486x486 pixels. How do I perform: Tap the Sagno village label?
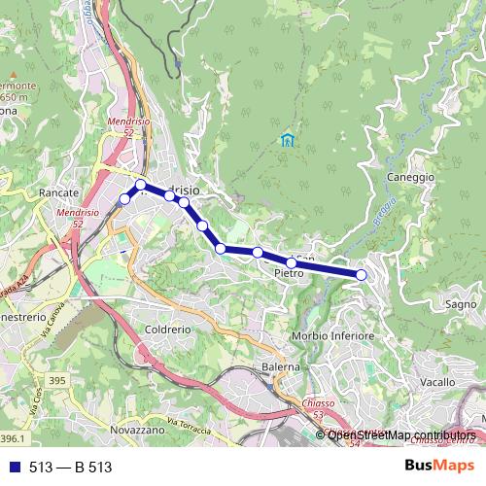coord(459,303)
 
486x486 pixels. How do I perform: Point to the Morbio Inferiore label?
coord(333,336)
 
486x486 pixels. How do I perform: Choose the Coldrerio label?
coord(169,329)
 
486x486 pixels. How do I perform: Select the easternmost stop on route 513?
coord(362,275)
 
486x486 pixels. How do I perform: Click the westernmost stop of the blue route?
coord(124,199)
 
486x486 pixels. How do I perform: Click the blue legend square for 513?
coord(15,468)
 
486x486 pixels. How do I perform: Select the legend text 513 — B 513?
coord(71,468)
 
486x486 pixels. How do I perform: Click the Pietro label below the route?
coord(290,275)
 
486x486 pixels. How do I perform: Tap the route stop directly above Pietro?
coord(292,262)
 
